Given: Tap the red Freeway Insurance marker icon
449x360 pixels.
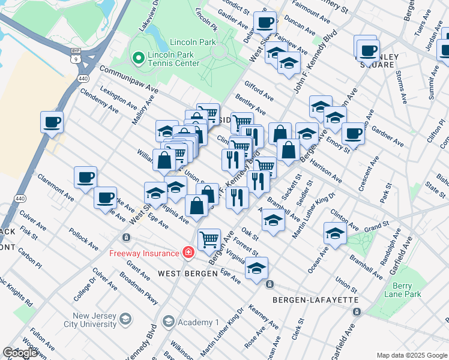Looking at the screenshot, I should [188, 253].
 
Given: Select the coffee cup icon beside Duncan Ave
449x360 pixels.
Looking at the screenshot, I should [265, 23].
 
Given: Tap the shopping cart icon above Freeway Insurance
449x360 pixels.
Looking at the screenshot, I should [209, 239].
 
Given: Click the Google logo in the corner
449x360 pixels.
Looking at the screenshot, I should [20, 353].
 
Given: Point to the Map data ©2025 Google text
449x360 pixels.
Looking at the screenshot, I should [412, 355].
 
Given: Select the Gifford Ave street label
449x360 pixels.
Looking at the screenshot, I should [259, 91].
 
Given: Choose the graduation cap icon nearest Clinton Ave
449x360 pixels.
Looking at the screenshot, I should [334, 232].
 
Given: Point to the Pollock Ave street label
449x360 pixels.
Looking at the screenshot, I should [83, 238].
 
